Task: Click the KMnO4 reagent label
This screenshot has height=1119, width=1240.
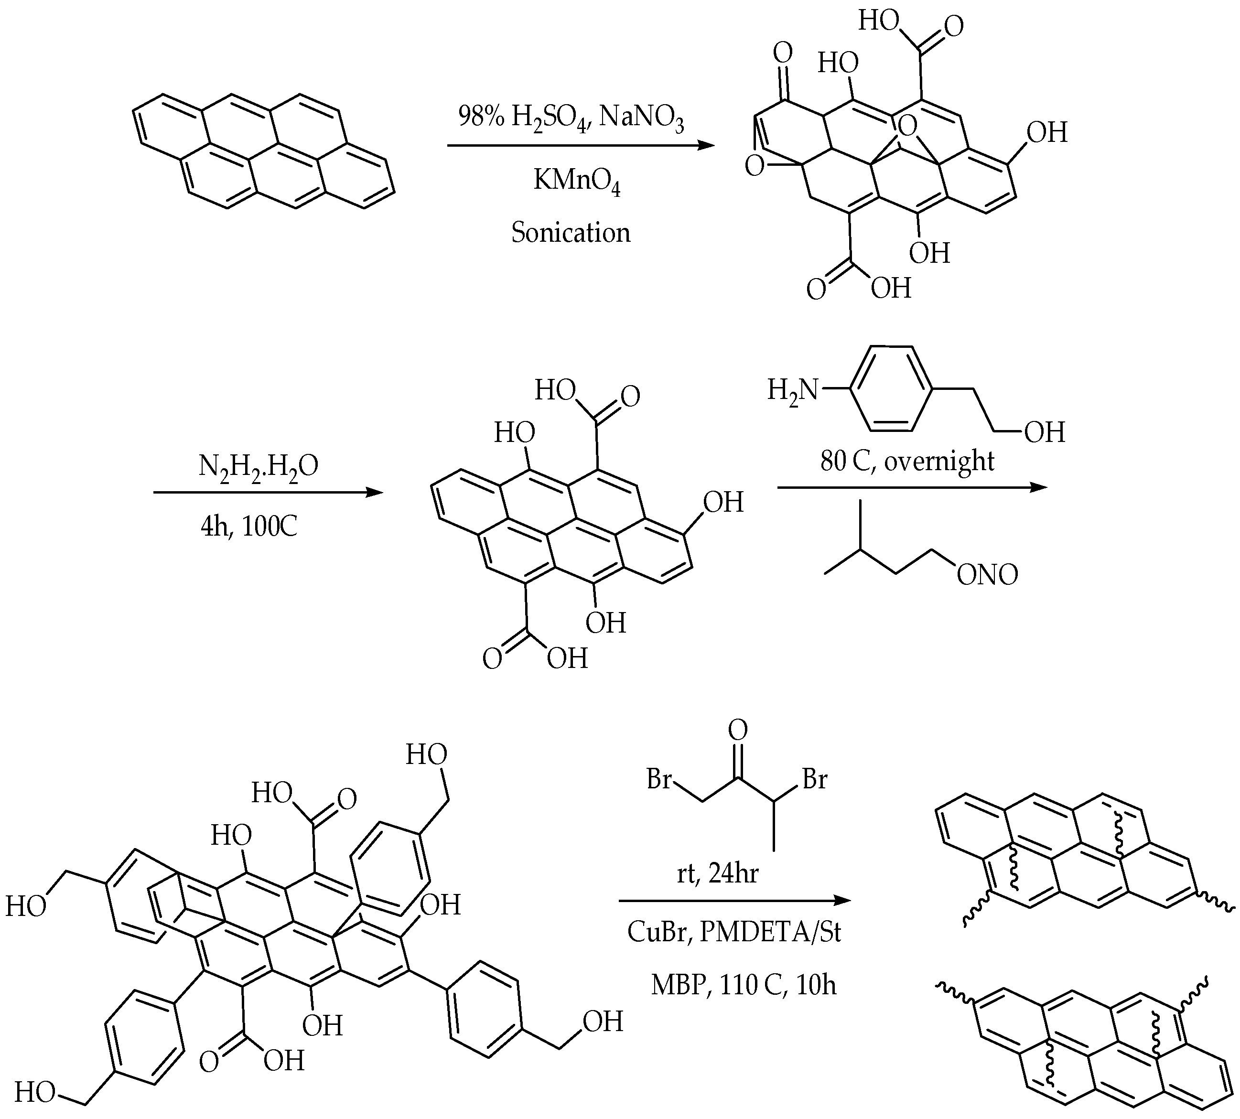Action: pyautogui.click(x=576, y=182)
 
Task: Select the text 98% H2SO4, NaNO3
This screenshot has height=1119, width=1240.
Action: pyautogui.click(x=571, y=117)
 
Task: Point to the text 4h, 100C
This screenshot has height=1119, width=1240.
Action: pyautogui.click(x=249, y=527)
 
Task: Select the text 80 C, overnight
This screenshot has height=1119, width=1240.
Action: pyautogui.click(x=907, y=461)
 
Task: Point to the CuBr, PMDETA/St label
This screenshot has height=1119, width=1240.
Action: pyautogui.click(x=734, y=932)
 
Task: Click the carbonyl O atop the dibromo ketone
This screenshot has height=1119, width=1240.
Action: pyautogui.click(x=738, y=731)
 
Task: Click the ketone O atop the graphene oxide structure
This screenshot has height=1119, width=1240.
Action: pyautogui.click(x=783, y=54)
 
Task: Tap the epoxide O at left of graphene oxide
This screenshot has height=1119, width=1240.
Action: pyautogui.click(x=755, y=165)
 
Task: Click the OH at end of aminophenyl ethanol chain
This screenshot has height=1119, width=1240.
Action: pyautogui.click(x=1045, y=433)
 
